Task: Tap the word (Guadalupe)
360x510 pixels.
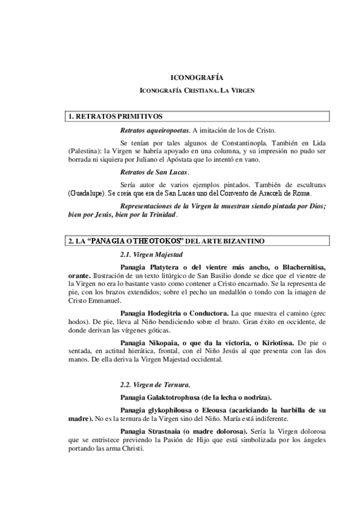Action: (87, 194)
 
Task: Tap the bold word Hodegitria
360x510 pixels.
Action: (171, 313)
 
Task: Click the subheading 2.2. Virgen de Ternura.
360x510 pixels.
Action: (156, 384)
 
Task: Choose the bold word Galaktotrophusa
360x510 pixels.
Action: (178, 397)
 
